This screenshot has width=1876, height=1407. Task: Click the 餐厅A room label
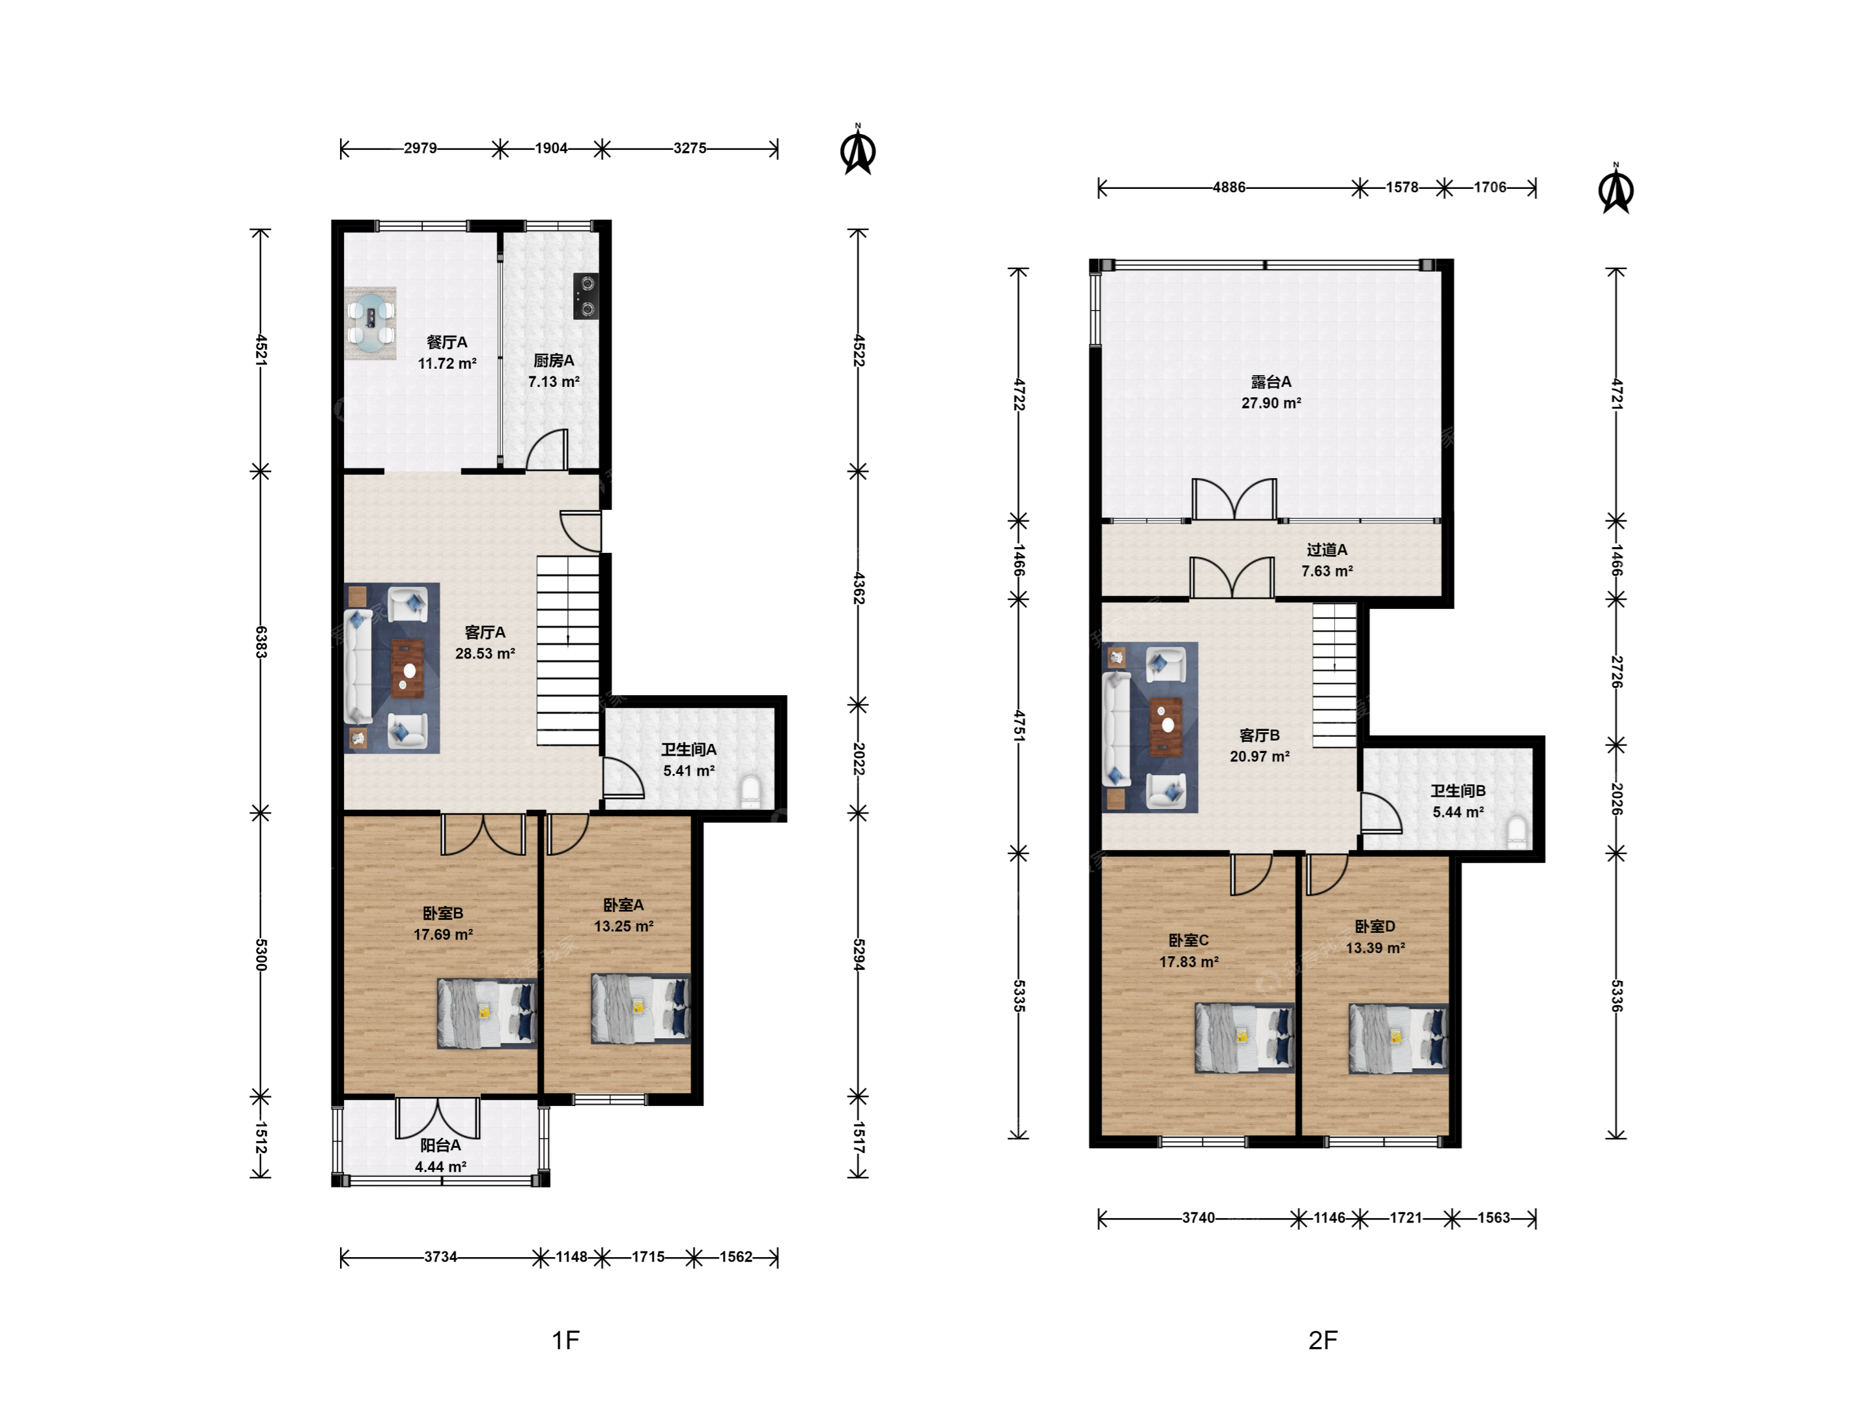[x=446, y=342]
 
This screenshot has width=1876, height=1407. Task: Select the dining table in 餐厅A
[x=371, y=323]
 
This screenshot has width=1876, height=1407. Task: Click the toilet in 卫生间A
[x=752, y=792]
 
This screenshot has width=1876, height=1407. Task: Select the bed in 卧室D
[x=1399, y=1039]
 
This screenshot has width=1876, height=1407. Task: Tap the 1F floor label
[x=565, y=1340]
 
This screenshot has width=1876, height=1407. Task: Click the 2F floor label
[x=1323, y=1340]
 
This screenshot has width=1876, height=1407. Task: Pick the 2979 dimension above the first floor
[x=419, y=149]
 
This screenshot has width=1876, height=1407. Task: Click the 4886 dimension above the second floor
[x=1229, y=188]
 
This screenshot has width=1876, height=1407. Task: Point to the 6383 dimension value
[x=261, y=642]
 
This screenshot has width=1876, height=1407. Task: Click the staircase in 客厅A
[x=568, y=651]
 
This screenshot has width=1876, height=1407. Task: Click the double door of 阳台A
[x=438, y=1118]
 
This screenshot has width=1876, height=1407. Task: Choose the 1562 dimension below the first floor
[x=736, y=1257]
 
